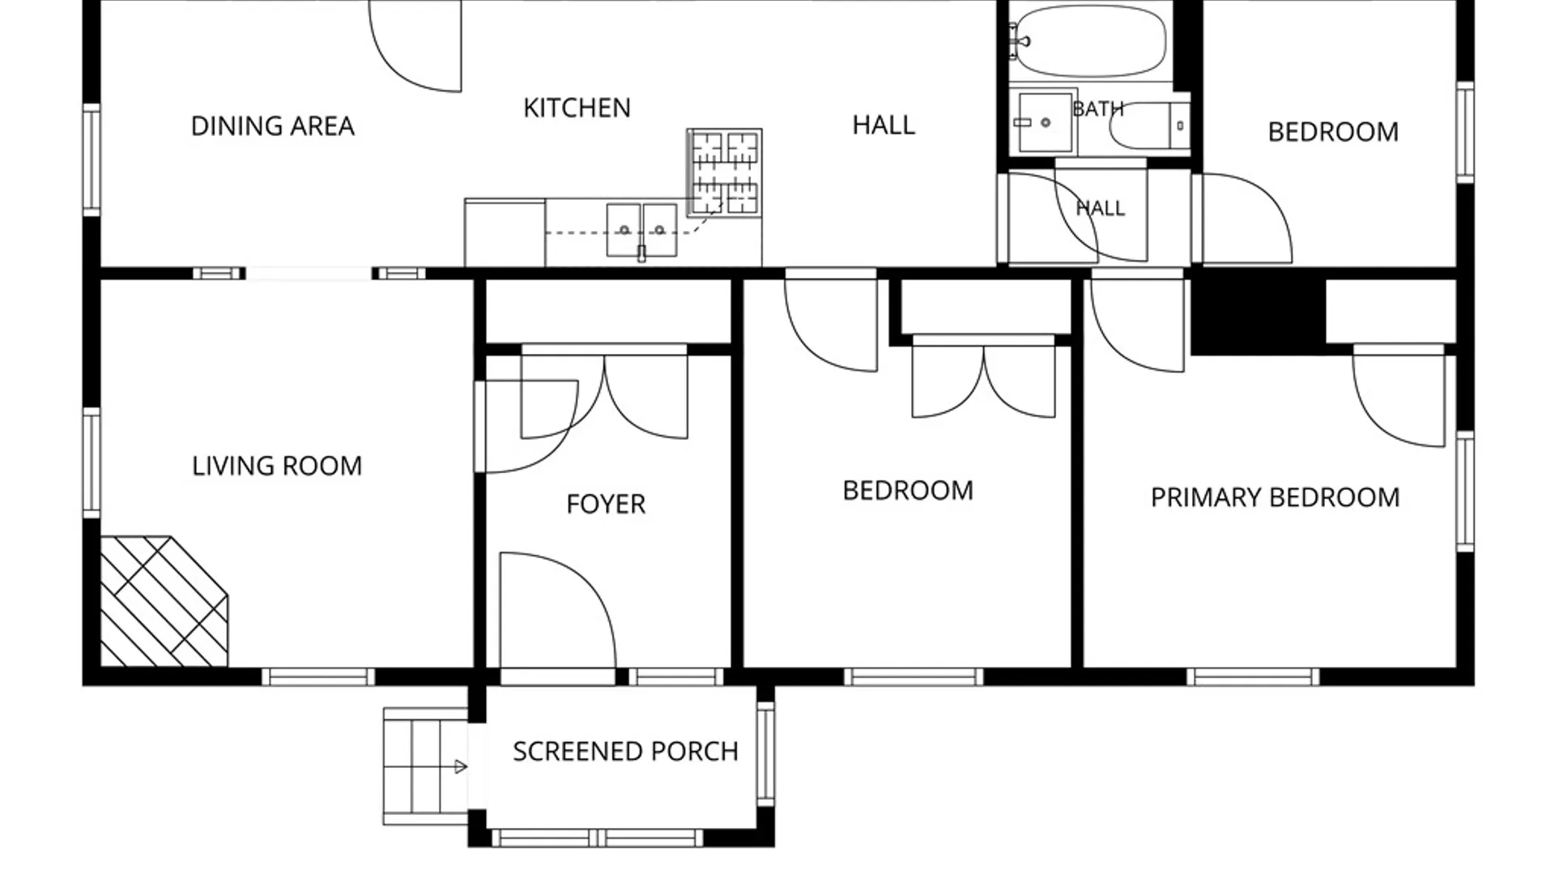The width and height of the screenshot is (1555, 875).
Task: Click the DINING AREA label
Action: click(272, 126)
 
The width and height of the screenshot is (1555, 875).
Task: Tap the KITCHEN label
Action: click(577, 108)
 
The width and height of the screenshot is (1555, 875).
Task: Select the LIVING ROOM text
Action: click(277, 466)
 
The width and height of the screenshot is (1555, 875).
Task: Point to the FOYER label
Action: click(606, 504)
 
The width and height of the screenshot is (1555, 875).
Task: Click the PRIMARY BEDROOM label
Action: click(1275, 497)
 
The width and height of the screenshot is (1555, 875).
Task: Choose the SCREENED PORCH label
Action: click(625, 751)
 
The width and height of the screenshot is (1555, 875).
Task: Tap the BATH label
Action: click(1097, 109)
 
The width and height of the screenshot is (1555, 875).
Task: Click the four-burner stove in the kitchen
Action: click(724, 172)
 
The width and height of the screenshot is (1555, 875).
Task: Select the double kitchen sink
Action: click(641, 230)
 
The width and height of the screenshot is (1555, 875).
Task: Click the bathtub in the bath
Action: click(1090, 41)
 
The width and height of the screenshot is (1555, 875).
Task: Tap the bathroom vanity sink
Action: click(1045, 122)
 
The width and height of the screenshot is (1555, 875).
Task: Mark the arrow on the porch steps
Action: click(460, 766)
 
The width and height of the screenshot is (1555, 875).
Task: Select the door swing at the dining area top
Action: click(415, 46)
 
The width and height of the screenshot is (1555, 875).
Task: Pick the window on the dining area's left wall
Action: click(92, 160)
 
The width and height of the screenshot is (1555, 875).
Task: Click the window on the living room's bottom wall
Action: click(318, 677)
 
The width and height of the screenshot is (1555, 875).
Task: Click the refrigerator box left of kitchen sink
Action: click(505, 232)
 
